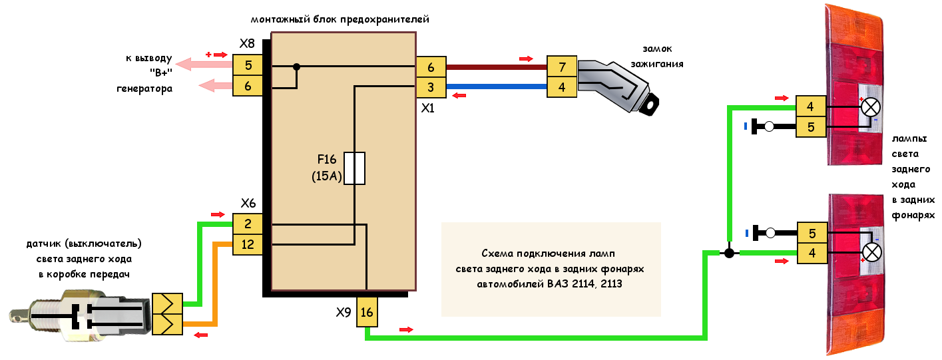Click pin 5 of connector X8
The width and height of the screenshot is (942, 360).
tap(248, 65)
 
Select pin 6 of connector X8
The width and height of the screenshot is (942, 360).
tap(248, 86)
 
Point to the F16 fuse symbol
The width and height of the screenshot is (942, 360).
tap(354, 168)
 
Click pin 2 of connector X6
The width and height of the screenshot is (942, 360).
tap(248, 224)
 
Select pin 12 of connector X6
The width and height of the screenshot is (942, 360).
tap(248, 244)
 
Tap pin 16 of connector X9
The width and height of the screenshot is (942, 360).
tap(366, 311)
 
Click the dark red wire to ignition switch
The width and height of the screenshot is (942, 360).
tap(496, 67)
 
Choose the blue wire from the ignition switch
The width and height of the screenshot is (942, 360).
tap(496, 87)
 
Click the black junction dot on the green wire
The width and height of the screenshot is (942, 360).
tap(729, 253)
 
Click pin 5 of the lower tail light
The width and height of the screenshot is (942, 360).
tap(812, 233)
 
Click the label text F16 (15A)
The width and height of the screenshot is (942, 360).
tap(326, 168)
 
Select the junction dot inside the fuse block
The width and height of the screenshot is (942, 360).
tap(297, 67)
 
